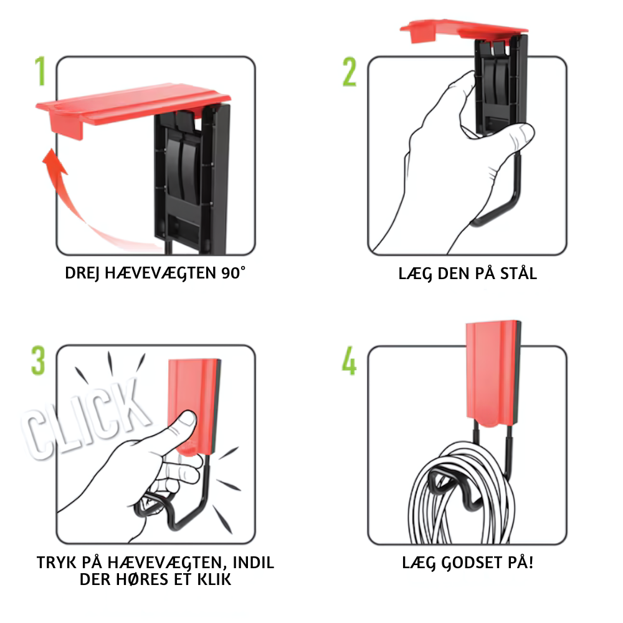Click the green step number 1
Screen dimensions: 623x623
40,71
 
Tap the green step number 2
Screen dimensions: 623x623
350,72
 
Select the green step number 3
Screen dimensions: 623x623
38,361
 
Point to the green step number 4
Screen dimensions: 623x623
350,361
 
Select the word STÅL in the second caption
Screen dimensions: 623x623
518,273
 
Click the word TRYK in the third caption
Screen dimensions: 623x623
56,563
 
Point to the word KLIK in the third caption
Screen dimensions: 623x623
214,579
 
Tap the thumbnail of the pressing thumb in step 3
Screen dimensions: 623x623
187,419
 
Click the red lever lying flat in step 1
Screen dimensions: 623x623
133,108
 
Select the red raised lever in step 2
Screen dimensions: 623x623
464,30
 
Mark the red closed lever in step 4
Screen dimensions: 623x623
493,373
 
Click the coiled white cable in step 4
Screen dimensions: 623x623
463,495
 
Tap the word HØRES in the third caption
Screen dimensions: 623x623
141,579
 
